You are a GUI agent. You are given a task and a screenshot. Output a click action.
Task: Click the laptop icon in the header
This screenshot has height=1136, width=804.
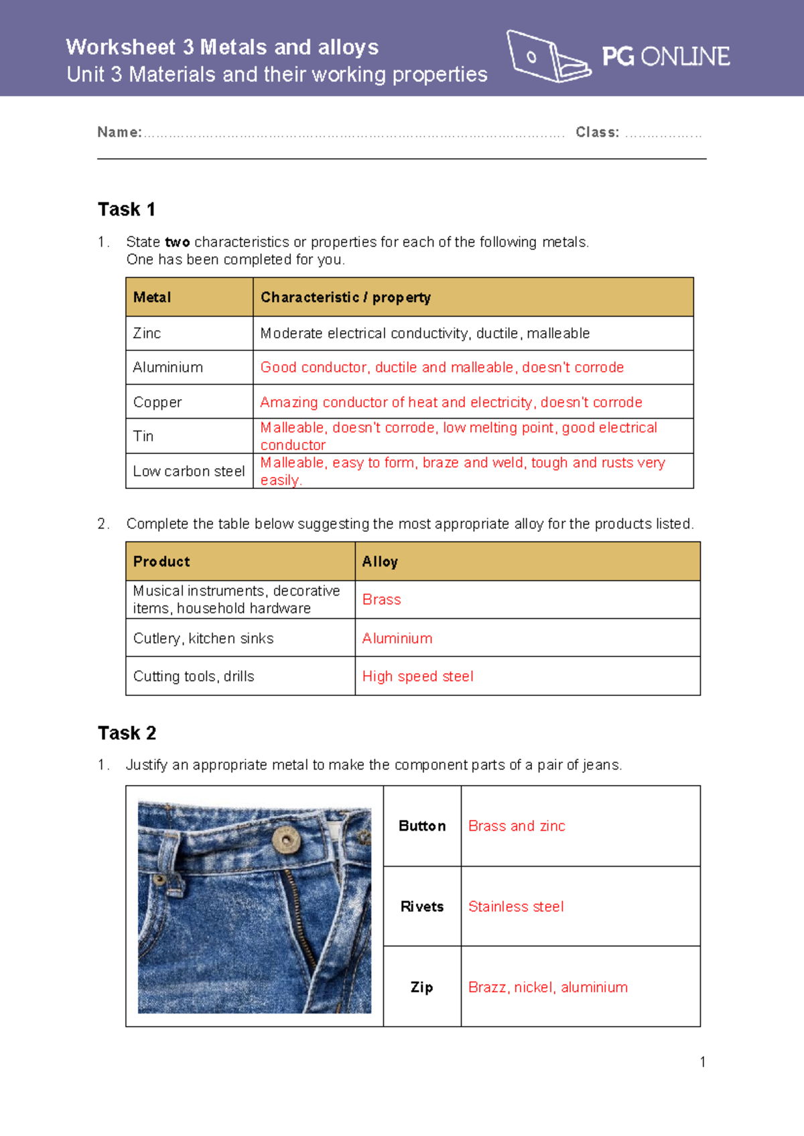point(547,57)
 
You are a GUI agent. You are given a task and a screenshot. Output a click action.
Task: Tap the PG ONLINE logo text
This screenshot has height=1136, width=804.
point(665,57)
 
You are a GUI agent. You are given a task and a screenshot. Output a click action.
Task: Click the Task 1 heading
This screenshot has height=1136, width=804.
point(127,210)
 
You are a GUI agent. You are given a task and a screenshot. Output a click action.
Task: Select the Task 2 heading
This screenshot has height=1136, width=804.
point(127,733)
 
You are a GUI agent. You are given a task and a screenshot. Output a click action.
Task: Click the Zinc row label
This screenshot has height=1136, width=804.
point(147,334)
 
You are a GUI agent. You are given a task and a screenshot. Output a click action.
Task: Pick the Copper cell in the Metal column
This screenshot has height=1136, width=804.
point(157,402)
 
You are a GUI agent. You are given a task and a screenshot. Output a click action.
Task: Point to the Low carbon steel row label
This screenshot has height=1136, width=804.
point(189,472)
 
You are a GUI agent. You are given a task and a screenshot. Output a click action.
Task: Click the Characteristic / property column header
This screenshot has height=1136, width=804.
point(345,297)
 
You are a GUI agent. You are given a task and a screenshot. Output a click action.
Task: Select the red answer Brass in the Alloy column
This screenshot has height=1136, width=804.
point(381,599)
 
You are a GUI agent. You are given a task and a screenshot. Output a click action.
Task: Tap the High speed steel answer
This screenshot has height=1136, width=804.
point(417,677)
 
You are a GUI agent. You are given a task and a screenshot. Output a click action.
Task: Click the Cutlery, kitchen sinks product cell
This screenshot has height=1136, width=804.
point(203,638)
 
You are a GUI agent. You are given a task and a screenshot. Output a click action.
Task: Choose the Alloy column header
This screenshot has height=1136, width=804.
point(380,562)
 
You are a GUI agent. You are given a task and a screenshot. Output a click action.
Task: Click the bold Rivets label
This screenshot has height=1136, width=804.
point(422,906)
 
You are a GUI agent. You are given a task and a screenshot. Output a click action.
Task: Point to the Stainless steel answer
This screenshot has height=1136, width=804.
point(516,906)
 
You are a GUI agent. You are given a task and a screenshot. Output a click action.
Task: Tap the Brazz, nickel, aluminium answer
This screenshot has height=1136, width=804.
point(547,987)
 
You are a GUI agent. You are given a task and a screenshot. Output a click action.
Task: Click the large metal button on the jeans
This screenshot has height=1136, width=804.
point(285,839)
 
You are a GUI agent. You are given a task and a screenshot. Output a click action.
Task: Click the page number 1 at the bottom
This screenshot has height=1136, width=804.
point(702,1062)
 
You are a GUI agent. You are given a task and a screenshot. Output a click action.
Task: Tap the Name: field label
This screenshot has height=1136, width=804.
point(119,133)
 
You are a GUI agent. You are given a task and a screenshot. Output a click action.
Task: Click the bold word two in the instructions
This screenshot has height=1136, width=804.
point(178,242)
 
